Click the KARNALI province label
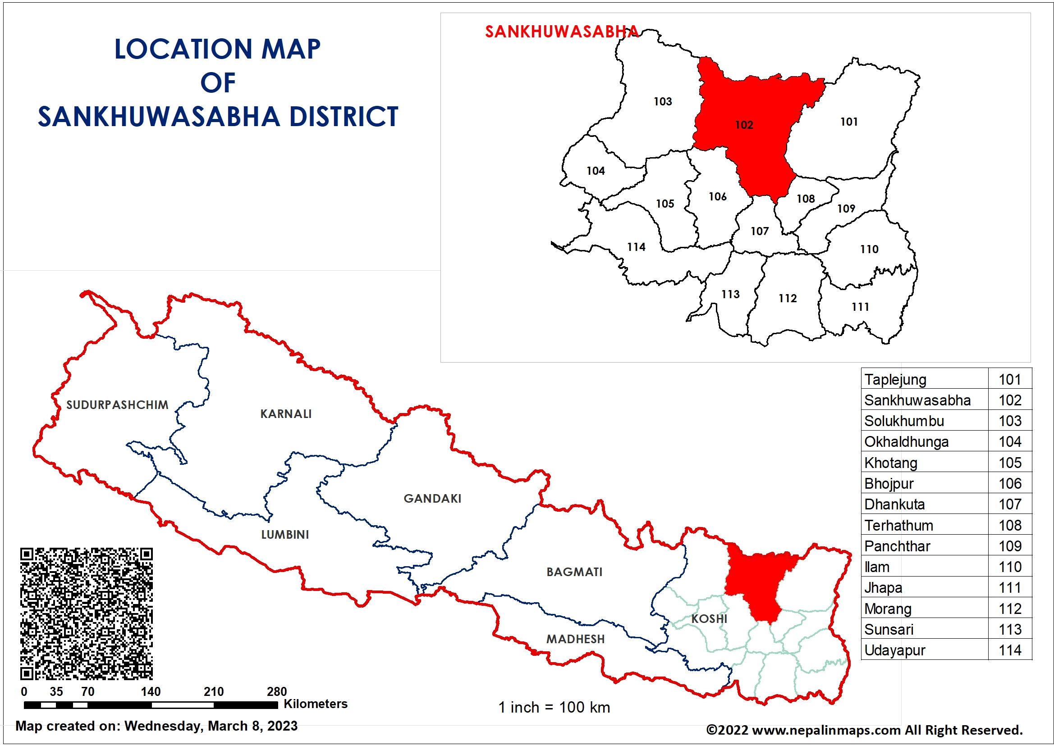[285, 414]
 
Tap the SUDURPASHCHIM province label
[117, 404]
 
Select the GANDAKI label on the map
[432, 498]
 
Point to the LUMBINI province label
[284, 535]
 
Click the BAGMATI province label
[574, 572]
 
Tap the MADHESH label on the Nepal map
[575, 639]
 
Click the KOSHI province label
[709, 618]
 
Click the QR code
[86, 613]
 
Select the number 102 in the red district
[744, 125]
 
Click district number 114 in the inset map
[636, 247]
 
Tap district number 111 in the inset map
[860, 306]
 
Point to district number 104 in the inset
[596, 171]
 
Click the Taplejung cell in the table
[895, 379]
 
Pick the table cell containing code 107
[1010, 504]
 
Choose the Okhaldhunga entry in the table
[906, 441]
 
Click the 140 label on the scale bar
[151, 691]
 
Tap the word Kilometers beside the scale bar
[316, 704]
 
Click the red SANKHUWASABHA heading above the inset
[561, 32]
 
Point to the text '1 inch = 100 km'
[554, 707]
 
